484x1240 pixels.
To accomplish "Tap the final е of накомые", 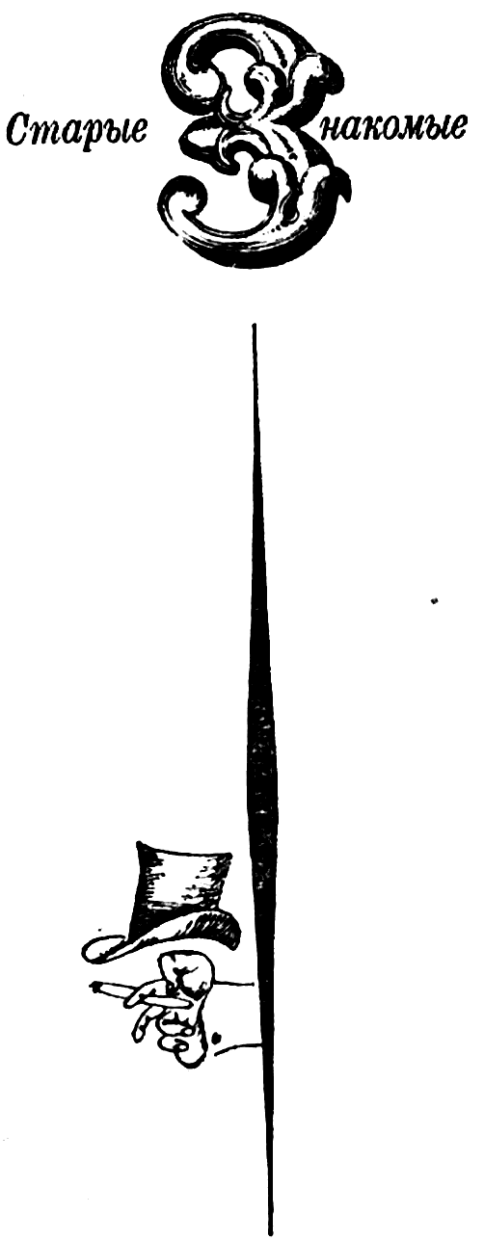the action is tap(455, 128).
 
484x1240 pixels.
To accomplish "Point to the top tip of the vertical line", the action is tap(255, 326).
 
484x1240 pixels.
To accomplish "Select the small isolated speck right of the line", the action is tap(434, 600).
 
